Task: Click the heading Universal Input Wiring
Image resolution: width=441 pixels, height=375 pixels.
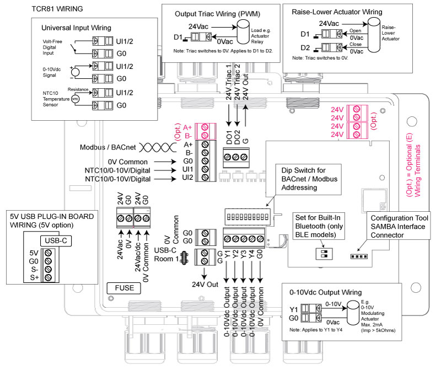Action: pos(76,28)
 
